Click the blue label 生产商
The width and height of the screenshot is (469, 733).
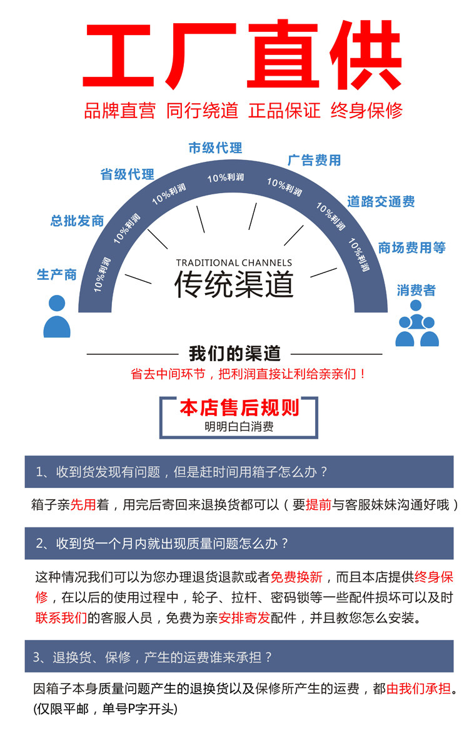click(56, 274)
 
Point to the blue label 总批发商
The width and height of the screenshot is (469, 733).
click(77, 221)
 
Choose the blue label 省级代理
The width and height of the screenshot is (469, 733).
click(127, 174)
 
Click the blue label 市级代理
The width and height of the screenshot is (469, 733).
click(215, 148)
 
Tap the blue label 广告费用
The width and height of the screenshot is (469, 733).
click(314, 160)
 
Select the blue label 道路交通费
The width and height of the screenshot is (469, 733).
click(381, 202)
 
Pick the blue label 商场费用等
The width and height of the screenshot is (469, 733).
click(411, 247)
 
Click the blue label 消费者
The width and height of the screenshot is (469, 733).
click(416, 290)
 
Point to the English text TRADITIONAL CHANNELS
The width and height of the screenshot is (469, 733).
click(234, 263)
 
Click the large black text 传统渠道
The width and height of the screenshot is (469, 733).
click(234, 285)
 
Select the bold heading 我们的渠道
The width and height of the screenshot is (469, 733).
click(234, 353)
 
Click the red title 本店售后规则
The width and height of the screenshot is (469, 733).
click(240, 408)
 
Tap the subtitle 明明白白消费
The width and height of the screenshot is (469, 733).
click(239, 427)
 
